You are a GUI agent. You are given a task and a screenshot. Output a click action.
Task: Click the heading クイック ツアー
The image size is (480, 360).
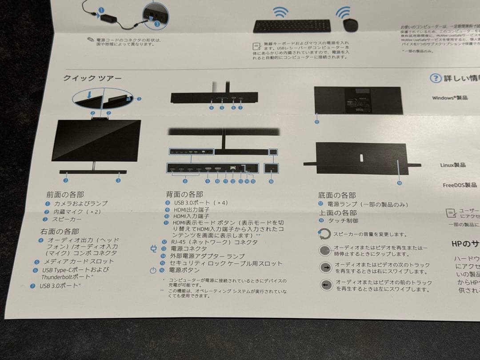pos(92,78)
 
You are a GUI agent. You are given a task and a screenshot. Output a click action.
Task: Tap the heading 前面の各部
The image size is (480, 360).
pos(65,194)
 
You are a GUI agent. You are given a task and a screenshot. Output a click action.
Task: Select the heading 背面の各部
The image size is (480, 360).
pos(184,194)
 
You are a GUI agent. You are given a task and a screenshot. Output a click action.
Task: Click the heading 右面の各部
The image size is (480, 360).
pos(60,231)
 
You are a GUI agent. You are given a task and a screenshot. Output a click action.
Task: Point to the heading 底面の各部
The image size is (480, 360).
pos(337,195)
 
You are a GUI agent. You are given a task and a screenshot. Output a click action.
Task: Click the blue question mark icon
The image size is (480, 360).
pos(435,79)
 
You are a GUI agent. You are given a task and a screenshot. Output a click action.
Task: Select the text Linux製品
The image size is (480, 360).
pos(453,165)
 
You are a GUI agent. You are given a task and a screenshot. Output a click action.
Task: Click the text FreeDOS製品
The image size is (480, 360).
pos(460,185)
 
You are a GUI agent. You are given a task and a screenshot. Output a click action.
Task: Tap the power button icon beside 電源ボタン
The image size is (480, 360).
pos(153,270)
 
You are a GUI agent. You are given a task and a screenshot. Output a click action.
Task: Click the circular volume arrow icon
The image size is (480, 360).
pos(325,233)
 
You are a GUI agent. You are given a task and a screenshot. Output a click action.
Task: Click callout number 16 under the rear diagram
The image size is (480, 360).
pos(271,181)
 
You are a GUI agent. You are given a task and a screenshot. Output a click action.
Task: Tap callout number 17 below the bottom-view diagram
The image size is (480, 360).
pos(317,122)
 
